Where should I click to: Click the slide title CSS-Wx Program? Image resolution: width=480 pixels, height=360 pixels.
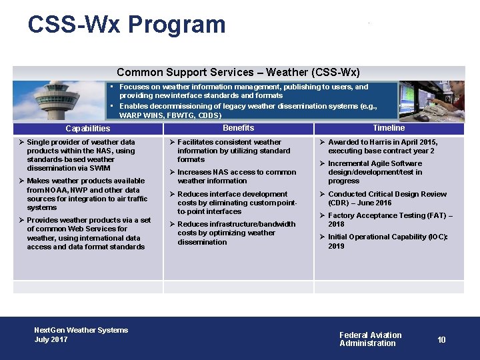click(127, 25)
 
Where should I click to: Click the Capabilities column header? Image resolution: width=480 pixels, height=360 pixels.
click(88, 129)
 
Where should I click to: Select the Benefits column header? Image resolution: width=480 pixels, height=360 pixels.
click(238, 128)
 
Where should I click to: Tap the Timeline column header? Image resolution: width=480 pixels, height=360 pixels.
click(389, 128)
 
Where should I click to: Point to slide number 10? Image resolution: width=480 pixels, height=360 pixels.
click(441, 340)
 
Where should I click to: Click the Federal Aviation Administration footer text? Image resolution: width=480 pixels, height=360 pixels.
click(370, 339)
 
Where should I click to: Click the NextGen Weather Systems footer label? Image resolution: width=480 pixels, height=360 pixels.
click(81, 330)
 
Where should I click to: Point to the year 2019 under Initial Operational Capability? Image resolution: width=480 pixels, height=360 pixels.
click(336, 246)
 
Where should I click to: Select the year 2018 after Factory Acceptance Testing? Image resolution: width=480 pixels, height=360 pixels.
click(336, 225)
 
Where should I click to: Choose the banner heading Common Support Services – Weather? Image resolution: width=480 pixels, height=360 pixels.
click(238, 72)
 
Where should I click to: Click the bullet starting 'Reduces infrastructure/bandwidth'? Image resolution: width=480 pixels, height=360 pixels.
click(236, 233)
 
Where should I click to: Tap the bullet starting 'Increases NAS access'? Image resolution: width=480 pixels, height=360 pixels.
click(236, 177)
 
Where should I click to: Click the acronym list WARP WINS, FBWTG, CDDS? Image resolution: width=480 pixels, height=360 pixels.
click(170, 115)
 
